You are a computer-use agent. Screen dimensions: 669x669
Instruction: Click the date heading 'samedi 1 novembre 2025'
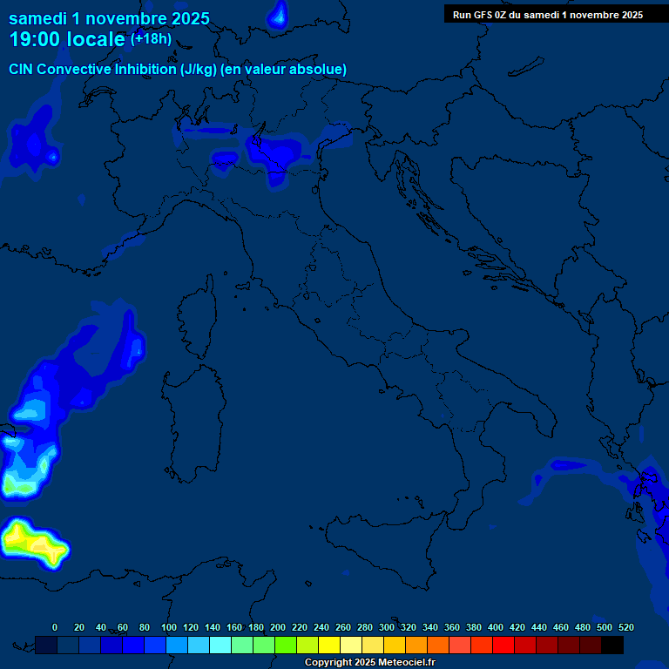click(109, 17)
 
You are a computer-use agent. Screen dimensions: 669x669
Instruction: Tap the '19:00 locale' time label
click(68, 39)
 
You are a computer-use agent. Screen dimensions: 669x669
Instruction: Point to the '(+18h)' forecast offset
click(151, 39)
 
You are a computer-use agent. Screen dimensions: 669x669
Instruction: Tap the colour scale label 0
click(55, 628)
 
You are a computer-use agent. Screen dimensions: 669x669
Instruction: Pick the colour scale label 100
click(169, 628)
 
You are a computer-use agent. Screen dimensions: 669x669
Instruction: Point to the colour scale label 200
click(278, 628)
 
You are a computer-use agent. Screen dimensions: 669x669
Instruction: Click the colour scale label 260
click(343, 628)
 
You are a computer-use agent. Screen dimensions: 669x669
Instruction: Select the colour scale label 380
click(474, 628)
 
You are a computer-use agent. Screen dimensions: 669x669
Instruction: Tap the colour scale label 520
click(625, 628)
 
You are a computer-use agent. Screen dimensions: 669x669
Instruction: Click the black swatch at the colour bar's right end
click(612, 645)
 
